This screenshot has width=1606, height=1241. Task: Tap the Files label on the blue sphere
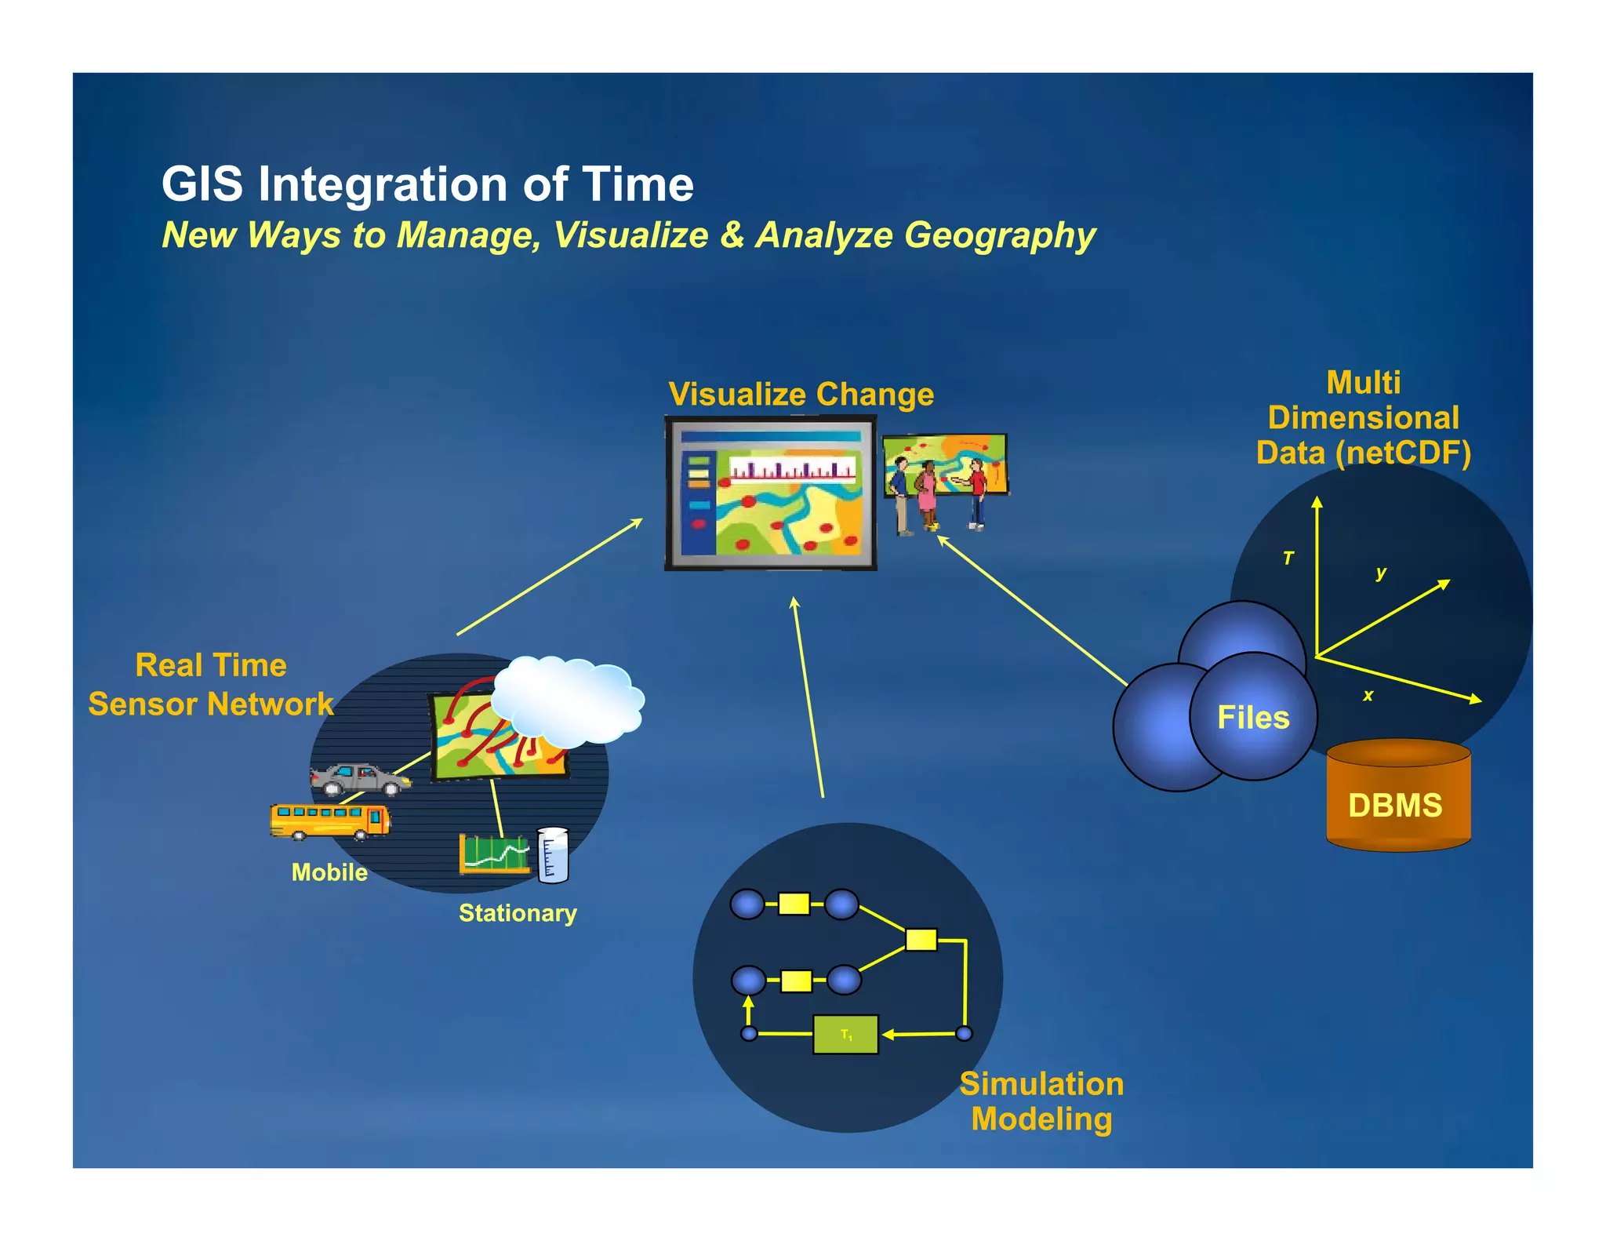[x=1252, y=718]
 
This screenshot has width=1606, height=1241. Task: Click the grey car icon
[x=359, y=778]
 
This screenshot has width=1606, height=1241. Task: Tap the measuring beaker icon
[x=553, y=854]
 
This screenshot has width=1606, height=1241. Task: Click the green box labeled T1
[x=845, y=1035]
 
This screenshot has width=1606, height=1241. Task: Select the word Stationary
[x=518, y=913]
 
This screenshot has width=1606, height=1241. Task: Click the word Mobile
[x=329, y=872]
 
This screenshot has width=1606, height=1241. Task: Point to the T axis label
[x=1288, y=559]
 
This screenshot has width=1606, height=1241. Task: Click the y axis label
[x=1381, y=573]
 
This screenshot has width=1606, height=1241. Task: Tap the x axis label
[x=1368, y=695]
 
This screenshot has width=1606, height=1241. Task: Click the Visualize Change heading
[x=801, y=395]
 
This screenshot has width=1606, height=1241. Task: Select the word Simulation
[x=1041, y=1084]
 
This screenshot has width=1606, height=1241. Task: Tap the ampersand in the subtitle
[x=732, y=235]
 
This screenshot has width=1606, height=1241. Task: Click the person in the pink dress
[x=927, y=494]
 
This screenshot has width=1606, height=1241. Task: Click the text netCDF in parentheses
[x=1404, y=453]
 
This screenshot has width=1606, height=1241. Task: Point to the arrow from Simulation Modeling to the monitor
[x=808, y=698]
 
